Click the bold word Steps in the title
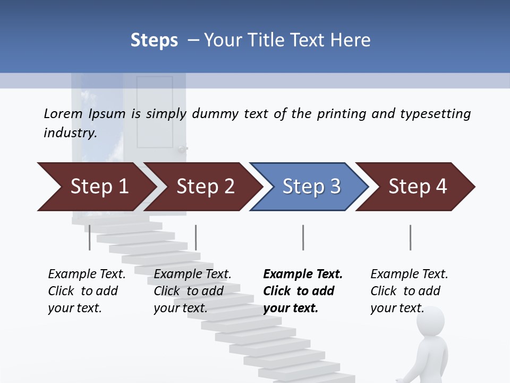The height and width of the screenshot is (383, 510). [154, 40]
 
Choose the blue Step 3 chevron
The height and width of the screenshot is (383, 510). [310, 187]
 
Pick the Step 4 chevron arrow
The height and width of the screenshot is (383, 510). [416, 187]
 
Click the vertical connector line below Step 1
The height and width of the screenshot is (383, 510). [90, 237]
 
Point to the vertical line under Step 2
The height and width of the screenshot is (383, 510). [196, 237]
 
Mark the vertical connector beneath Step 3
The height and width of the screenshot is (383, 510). [303, 237]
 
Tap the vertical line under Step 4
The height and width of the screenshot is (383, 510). [410, 237]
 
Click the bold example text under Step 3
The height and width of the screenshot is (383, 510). [302, 291]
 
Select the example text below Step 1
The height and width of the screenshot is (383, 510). [86, 291]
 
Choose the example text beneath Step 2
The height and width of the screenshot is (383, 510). [192, 291]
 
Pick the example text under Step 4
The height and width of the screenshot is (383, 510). [409, 291]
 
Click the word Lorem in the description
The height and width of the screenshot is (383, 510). [63, 113]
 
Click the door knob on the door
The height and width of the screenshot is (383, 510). [183, 149]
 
